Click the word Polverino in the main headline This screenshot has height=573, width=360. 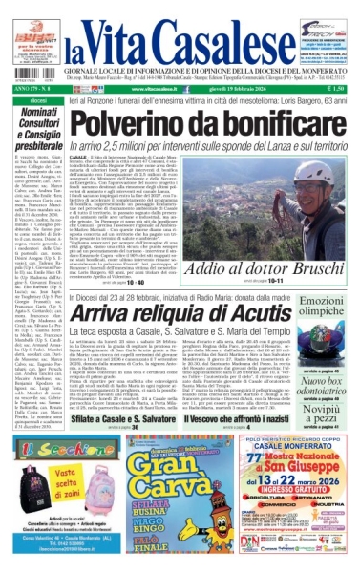point(129,122)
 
